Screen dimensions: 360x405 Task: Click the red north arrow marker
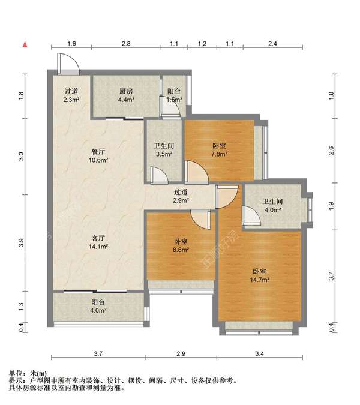(25, 44)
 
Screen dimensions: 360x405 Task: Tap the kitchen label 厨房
(126, 91)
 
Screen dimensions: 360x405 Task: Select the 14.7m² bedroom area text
(260, 280)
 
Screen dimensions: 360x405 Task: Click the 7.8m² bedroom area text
(219, 154)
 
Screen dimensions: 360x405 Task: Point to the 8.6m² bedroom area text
(181, 250)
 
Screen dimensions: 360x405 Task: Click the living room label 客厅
(98, 238)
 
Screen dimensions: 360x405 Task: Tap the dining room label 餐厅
(98, 152)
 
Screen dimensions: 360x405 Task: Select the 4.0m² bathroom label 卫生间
(273, 202)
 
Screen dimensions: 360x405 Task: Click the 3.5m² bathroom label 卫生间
(164, 146)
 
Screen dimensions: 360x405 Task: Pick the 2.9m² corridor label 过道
(181, 192)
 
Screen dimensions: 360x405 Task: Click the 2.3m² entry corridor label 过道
(71, 91)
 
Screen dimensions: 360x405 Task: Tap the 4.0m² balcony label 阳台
(98, 302)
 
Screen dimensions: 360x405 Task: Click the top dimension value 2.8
(126, 44)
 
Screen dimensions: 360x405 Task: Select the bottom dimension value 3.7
(98, 353)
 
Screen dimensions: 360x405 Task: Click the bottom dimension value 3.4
(260, 353)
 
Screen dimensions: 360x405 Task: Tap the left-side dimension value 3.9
(21, 243)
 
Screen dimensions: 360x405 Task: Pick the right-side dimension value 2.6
(331, 151)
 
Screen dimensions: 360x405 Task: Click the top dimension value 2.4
(272, 44)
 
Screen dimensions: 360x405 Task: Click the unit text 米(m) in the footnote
(38, 373)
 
